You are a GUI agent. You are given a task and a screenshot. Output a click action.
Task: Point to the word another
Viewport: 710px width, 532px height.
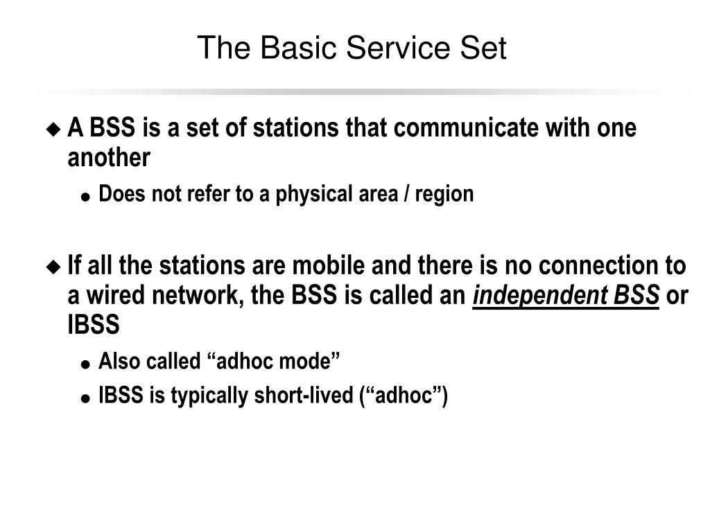point(108,159)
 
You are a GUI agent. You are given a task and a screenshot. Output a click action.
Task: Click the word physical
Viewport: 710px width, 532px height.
point(311,195)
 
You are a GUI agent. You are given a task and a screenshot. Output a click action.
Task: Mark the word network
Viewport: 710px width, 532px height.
point(185,296)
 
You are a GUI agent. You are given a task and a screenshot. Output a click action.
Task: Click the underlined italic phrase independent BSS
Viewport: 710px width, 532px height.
point(566,296)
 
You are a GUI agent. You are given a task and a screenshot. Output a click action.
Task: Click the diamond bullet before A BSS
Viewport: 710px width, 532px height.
point(53,129)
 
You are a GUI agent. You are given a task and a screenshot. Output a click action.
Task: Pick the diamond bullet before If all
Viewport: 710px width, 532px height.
point(53,267)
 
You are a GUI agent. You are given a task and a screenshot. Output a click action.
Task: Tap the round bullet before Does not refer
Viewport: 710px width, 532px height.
point(86,197)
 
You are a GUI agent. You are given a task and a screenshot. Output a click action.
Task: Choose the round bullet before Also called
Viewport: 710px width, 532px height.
point(86,364)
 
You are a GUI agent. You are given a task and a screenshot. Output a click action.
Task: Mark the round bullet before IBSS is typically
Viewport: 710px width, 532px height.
point(86,398)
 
